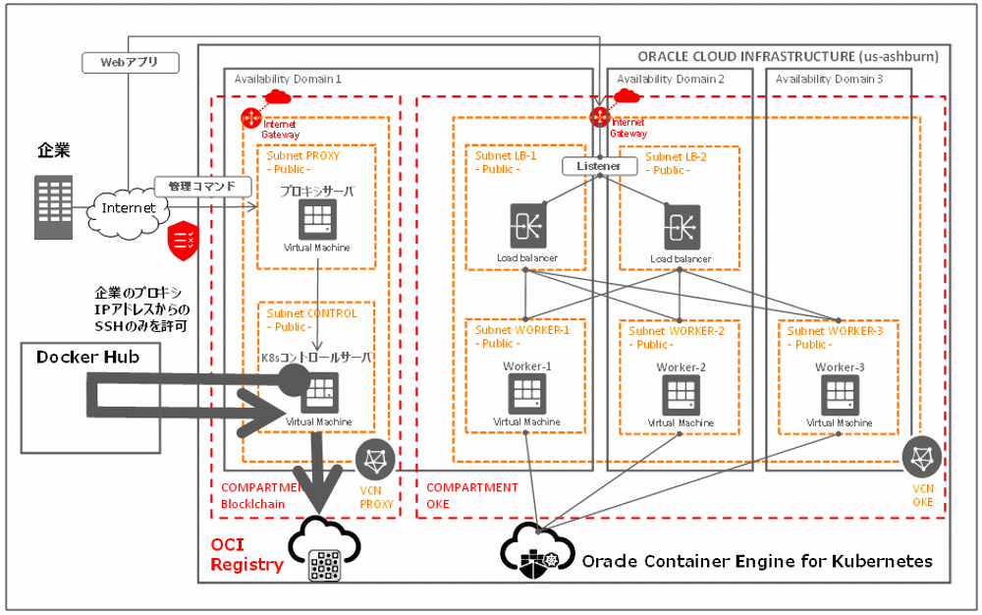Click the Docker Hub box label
click(x=88, y=358)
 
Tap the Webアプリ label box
click(x=130, y=62)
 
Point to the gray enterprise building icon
click(x=53, y=207)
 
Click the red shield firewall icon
click(x=184, y=240)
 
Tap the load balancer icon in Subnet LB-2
click(x=681, y=225)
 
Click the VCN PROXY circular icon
click(x=375, y=460)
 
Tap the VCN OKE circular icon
click(x=922, y=457)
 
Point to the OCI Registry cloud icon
click(x=325, y=551)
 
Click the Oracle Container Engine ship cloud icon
click(x=535, y=548)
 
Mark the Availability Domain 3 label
click(x=829, y=79)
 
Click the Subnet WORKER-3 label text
click(x=835, y=331)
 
